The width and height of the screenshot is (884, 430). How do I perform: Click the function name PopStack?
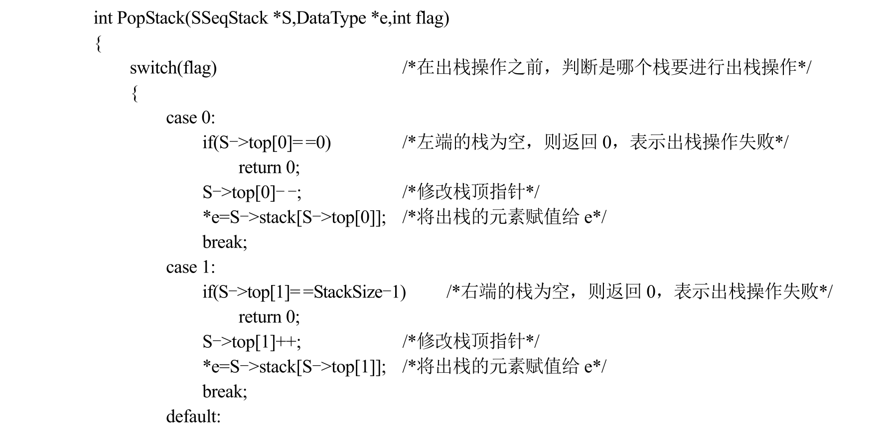click(x=150, y=19)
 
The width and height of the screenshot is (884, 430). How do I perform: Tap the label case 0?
click(x=191, y=118)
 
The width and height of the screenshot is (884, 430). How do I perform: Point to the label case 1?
click(x=191, y=267)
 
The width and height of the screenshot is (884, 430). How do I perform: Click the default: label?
click(x=193, y=416)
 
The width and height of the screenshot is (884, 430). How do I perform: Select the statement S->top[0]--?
click(x=252, y=192)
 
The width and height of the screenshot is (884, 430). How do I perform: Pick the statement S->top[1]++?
click(x=252, y=342)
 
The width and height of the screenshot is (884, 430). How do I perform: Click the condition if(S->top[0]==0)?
click(x=267, y=143)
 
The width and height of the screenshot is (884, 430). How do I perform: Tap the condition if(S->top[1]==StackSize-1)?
click(x=304, y=292)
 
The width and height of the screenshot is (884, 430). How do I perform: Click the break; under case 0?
click(x=225, y=242)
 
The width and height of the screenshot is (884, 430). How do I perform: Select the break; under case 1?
click(x=225, y=392)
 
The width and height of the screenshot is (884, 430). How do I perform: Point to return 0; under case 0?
click(x=269, y=167)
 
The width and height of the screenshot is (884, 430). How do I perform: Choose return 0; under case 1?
click(x=269, y=317)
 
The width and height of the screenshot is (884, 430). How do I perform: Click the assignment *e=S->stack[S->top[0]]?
click(x=294, y=217)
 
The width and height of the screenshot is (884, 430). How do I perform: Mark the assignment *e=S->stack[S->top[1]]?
click(x=294, y=367)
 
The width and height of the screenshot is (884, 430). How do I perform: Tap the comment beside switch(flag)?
click(x=607, y=67)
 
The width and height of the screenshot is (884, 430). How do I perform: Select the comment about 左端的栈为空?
click(x=595, y=143)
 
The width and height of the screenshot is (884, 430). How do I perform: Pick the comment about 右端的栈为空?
click(x=639, y=292)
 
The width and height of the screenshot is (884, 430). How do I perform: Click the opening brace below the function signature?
click(x=98, y=44)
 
